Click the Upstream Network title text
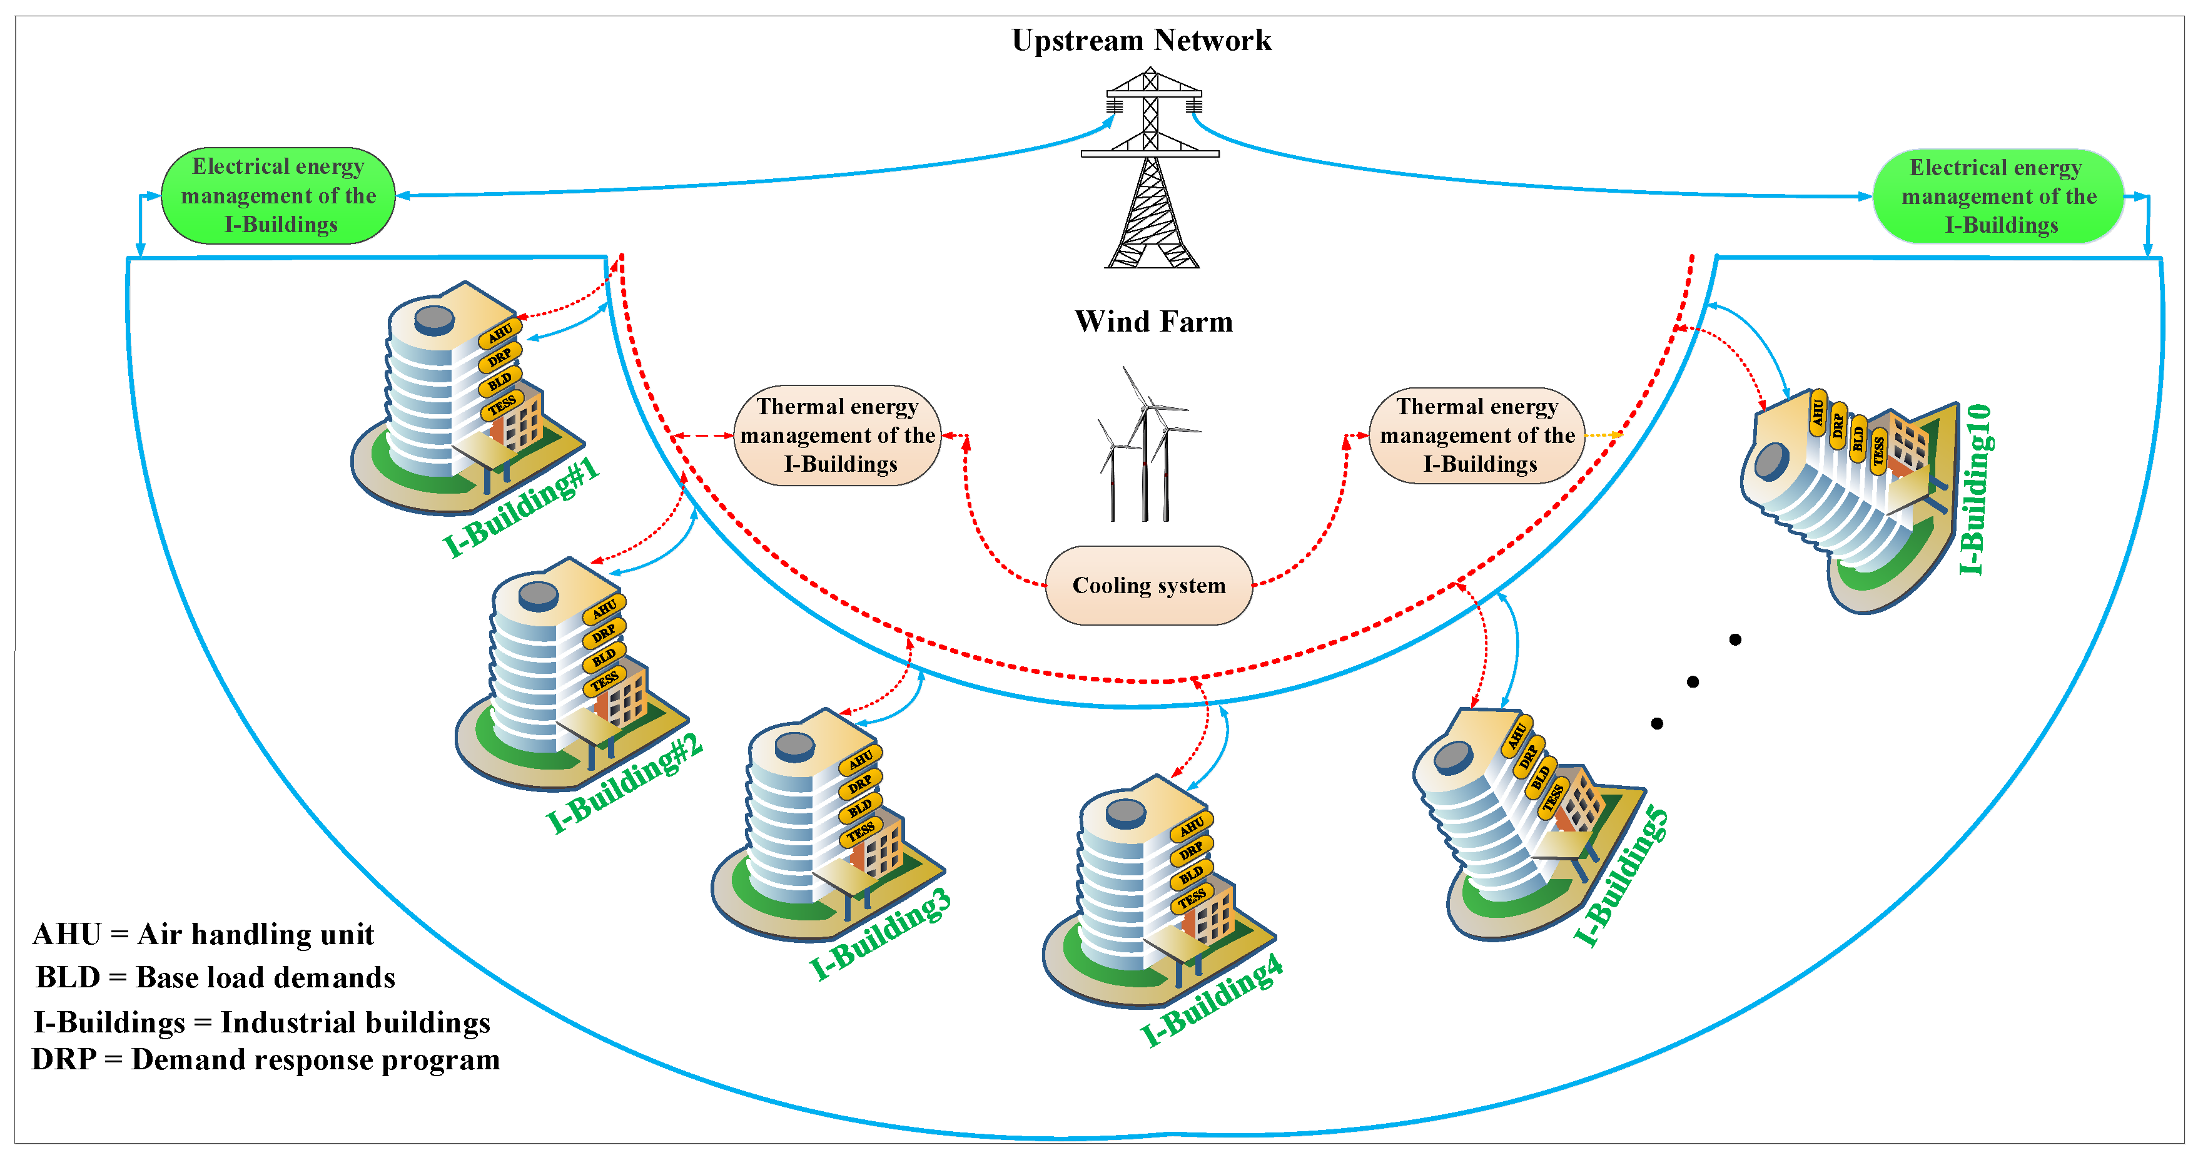(x=1141, y=40)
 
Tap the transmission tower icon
(x=1150, y=171)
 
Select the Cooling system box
(x=1148, y=586)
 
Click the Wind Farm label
(x=1153, y=322)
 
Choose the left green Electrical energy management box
(x=278, y=195)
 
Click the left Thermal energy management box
(x=838, y=435)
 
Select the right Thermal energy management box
(x=1477, y=435)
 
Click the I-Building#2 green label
(x=625, y=783)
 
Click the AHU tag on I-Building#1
(x=500, y=333)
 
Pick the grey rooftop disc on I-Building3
(x=794, y=746)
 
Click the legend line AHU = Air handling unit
(x=203, y=934)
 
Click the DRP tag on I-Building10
(x=1838, y=425)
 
